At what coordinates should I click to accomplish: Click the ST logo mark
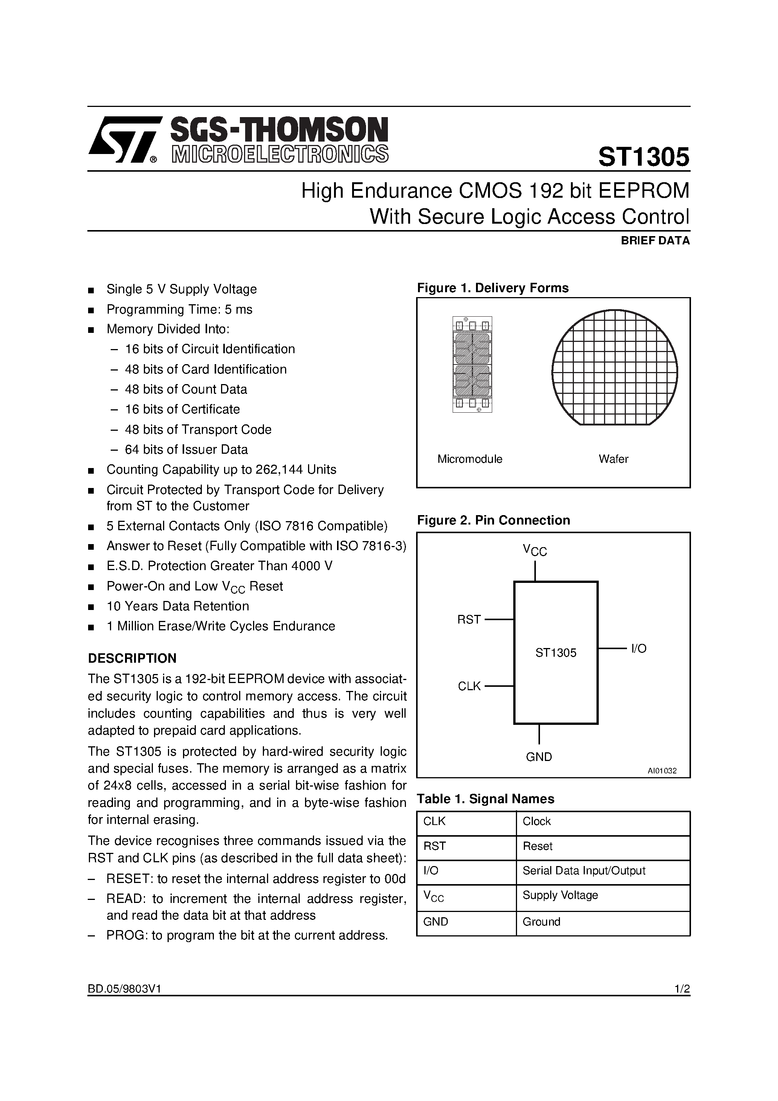tap(123, 140)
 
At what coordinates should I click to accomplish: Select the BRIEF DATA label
tap(655, 241)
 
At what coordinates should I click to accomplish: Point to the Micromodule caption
tap(470, 459)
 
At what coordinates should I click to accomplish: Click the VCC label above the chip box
tap(535, 550)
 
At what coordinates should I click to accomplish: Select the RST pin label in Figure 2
tap(468, 619)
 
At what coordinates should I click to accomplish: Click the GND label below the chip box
tap(538, 757)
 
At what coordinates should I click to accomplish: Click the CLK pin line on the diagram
tap(499, 686)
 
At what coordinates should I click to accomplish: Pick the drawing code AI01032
tap(662, 771)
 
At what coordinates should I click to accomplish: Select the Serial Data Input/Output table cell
tap(584, 870)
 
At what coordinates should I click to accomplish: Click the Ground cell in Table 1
tap(541, 922)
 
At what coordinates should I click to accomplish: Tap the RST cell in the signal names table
tap(435, 846)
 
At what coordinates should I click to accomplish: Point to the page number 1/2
tap(682, 988)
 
